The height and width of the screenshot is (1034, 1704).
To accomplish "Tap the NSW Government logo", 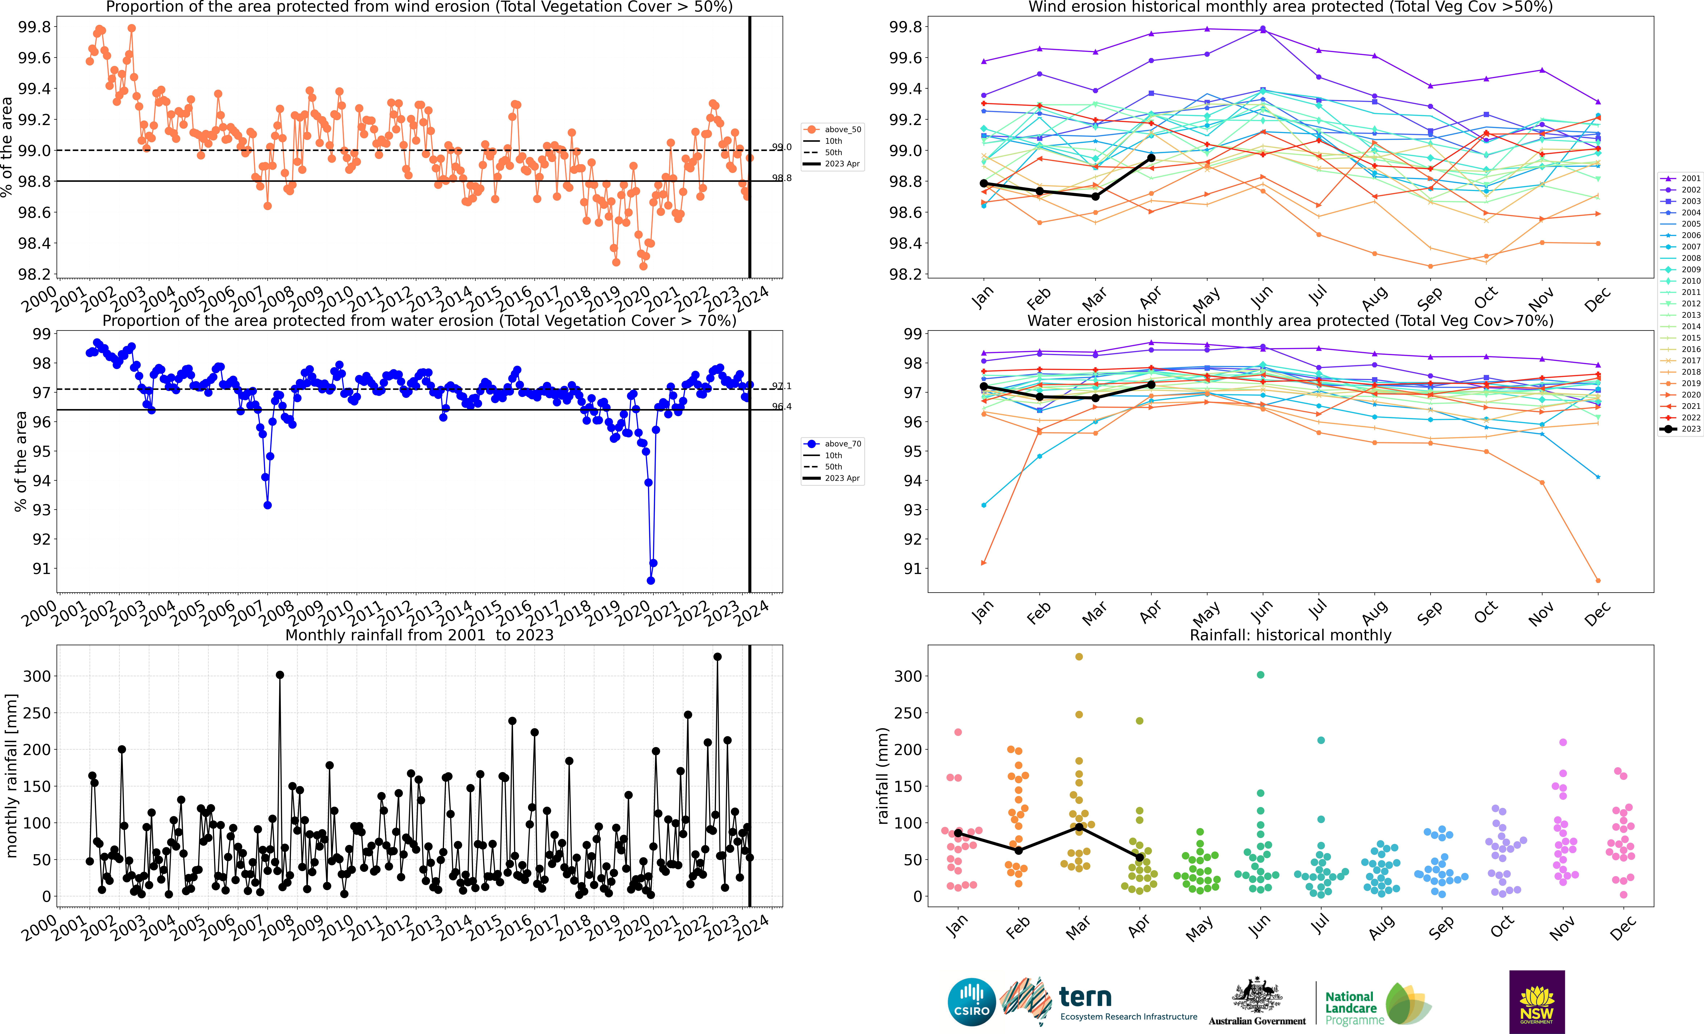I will (x=1537, y=1002).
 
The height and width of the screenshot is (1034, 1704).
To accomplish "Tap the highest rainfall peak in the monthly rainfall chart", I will (x=717, y=657).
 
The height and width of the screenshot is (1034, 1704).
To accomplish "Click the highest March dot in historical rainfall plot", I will (x=1079, y=656).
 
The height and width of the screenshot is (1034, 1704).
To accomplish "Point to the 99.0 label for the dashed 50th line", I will (x=781, y=147).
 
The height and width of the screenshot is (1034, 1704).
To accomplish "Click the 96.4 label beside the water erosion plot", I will (x=781, y=407).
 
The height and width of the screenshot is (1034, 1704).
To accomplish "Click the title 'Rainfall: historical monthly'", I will (x=1290, y=635).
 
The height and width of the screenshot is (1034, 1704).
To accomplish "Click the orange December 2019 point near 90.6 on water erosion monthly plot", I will (x=1597, y=580).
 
